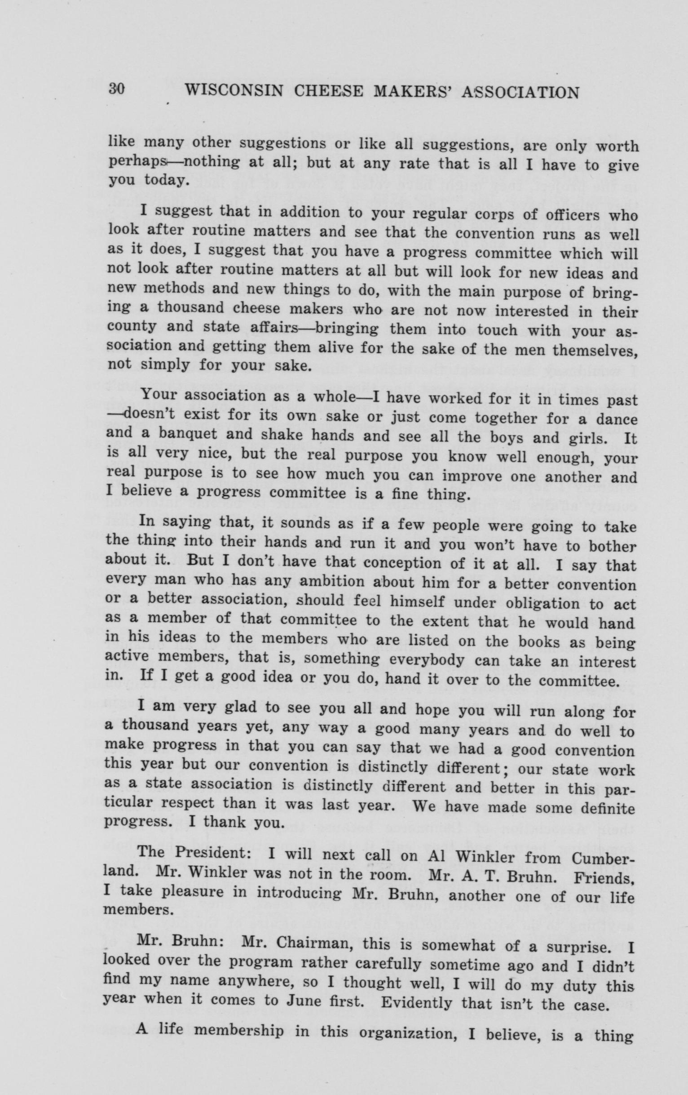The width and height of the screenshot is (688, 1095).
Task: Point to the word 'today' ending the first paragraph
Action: click(165, 181)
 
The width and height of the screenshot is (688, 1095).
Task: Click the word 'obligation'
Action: click(542, 604)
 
